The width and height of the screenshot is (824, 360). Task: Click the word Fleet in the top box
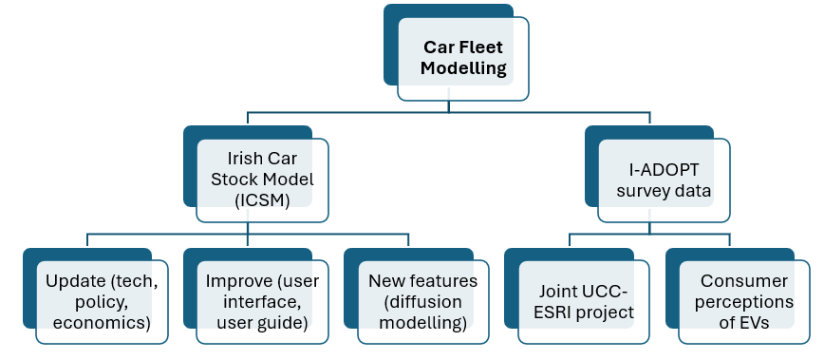[481, 47]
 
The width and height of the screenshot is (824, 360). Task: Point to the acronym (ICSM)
[262, 201]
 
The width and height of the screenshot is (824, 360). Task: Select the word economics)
[102, 323]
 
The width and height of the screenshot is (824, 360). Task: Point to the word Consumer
[744, 281]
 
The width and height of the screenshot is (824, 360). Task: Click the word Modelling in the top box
[463, 68]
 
